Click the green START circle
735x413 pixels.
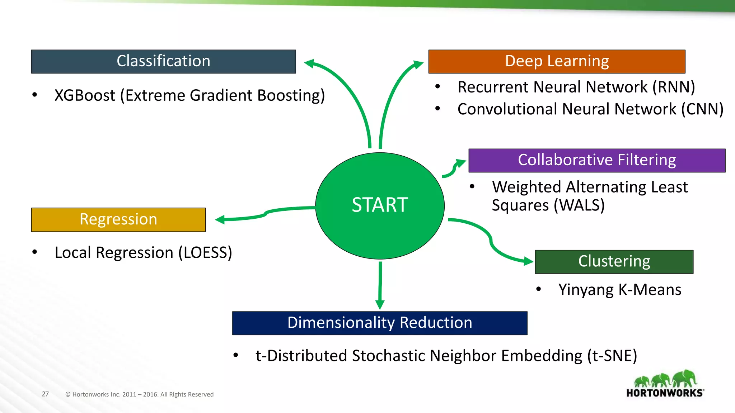(x=380, y=206)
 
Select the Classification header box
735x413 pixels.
(x=164, y=62)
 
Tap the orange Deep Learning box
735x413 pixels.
(x=557, y=62)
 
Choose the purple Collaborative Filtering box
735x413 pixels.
(x=597, y=160)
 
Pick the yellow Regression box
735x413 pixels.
(x=118, y=220)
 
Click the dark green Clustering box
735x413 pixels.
(x=614, y=262)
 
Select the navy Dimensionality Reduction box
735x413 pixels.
(x=380, y=323)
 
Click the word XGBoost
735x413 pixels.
(x=85, y=95)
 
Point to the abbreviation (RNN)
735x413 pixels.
(x=674, y=87)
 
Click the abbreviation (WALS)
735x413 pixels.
(x=579, y=205)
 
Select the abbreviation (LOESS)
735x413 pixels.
(x=205, y=253)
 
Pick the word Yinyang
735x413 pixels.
(x=586, y=290)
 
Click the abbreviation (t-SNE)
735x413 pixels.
(x=612, y=356)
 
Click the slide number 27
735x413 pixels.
(x=45, y=394)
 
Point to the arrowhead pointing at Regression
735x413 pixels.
(x=220, y=219)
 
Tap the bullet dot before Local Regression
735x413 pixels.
(x=34, y=252)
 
